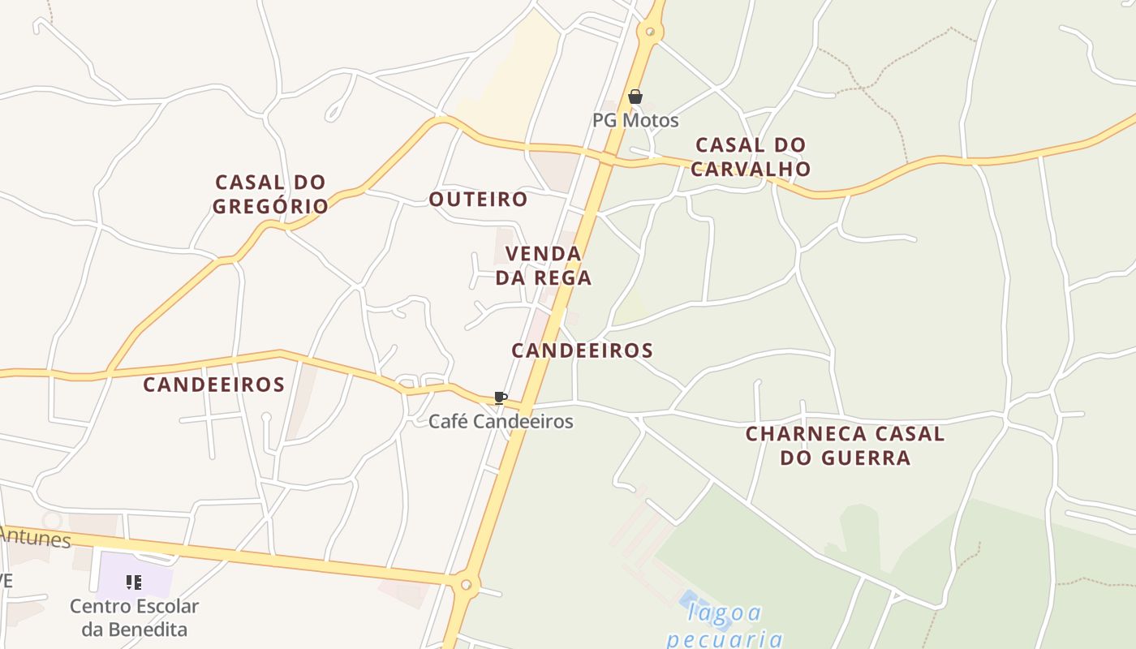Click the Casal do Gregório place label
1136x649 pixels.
point(270,194)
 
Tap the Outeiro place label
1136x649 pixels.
point(478,199)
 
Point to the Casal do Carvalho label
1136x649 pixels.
point(751,157)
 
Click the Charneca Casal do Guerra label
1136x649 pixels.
point(845,445)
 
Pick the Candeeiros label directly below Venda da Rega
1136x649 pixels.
point(582,350)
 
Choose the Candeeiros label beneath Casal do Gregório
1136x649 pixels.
point(213,385)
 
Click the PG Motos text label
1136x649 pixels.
point(635,121)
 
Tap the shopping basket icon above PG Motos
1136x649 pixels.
point(635,97)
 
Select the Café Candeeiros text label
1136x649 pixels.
point(500,421)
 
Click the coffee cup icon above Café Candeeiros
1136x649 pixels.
point(500,398)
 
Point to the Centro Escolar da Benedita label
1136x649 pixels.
point(134,617)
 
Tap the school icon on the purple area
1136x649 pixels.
point(134,582)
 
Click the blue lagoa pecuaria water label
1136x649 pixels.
point(725,625)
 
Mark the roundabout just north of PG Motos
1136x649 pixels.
point(649,32)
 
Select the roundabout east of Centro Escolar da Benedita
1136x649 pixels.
point(466,584)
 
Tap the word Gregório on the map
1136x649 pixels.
point(270,206)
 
